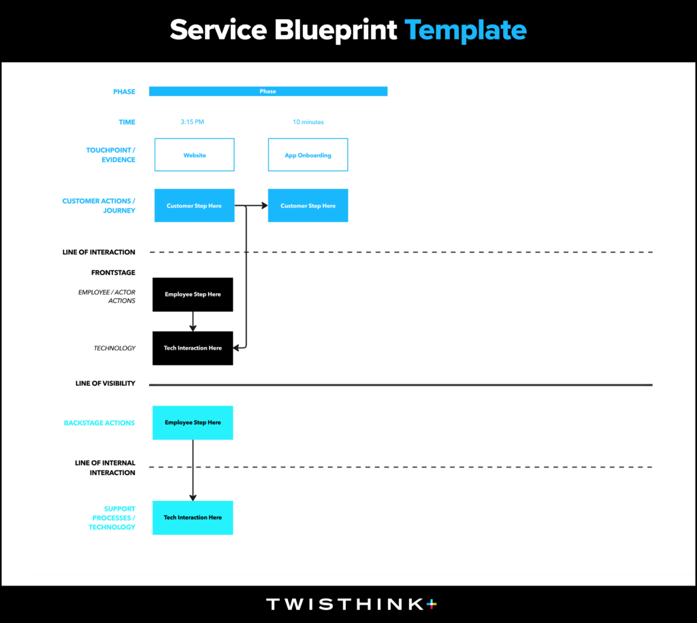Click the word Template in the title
click(466, 30)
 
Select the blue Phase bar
click(268, 91)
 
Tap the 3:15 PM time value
click(192, 122)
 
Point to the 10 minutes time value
click(308, 122)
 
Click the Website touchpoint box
click(194, 155)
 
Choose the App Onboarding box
click(308, 155)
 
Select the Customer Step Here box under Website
click(194, 206)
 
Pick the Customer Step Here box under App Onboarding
click(308, 206)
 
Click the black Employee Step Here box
click(193, 294)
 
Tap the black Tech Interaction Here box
click(193, 348)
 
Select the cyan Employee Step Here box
click(193, 423)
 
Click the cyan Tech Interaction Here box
click(193, 517)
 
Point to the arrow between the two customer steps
click(251, 206)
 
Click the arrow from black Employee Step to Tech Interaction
click(193, 321)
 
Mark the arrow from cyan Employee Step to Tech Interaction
click(193, 470)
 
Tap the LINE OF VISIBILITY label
click(106, 383)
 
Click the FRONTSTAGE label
click(114, 273)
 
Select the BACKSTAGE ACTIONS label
click(99, 423)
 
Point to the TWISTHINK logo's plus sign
click(432, 604)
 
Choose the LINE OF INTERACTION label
click(99, 252)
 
